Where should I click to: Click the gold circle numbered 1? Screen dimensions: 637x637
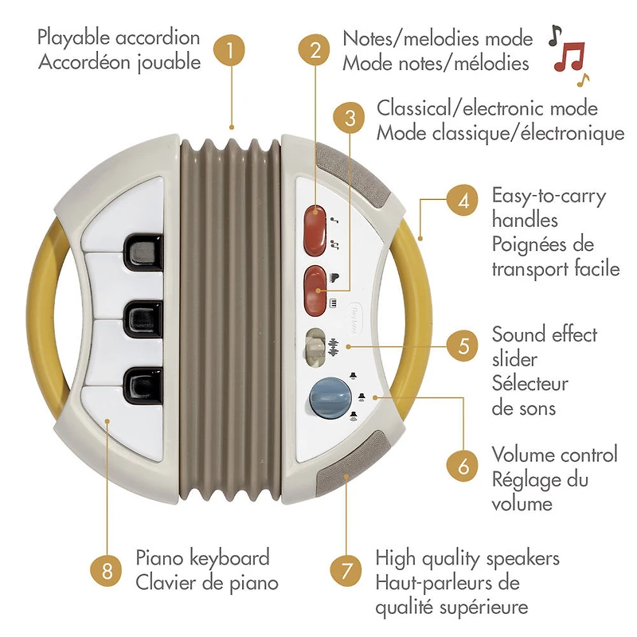(229, 50)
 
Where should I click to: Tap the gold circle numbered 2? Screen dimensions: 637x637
(315, 50)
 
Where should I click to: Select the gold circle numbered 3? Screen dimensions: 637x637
(349, 118)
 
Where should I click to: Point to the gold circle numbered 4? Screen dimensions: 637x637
(463, 201)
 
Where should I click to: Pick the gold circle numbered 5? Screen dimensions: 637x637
(463, 346)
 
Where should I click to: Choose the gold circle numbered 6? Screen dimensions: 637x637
(463, 466)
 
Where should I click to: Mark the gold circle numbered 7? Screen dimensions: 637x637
(346, 571)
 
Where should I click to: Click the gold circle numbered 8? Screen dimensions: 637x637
(107, 571)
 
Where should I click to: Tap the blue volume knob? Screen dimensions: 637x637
(330, 398)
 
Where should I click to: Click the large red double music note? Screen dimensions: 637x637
(569, 57)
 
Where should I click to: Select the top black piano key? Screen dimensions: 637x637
(144, 252)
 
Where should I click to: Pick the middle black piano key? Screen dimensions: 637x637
(144, 320)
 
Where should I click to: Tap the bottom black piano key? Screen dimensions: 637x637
(144, 386)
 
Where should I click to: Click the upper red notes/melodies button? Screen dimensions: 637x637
(315, 230)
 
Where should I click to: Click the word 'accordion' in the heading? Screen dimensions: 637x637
(158, 37)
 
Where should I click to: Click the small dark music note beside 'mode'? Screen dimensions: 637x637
(555, 35)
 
